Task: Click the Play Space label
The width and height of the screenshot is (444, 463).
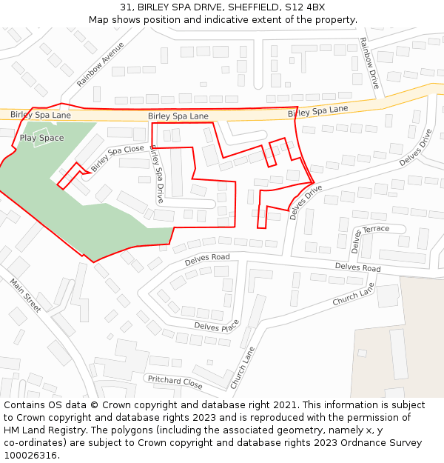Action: pyautogui.click(x=41, y=138)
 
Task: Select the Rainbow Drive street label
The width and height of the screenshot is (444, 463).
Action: pyautogui.click(x=369, y=64)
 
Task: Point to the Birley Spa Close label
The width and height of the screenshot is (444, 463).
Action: pyautogui.click(x=118, y=157)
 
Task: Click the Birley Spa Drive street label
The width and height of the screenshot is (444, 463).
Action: pyautogui.click(x=156, y=174)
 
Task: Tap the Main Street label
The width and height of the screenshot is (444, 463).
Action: pyautogui.click(x=26, y=295)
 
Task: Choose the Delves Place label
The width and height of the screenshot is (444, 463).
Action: pyautogui.click(x=217, y=326)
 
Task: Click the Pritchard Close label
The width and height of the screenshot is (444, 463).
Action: pyautogui.click(x=175, y=382)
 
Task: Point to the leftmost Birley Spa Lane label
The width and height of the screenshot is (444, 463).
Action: pyautogui.click(x=41, y=115)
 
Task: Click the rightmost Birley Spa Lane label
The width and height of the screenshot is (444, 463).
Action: pyautogui.click(x=317, y=111)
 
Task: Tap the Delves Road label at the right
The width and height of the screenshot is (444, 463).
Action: pyautogui.click(x=357, y=267)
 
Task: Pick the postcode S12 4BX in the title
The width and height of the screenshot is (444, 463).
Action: pyautogui.click(x=304, y=7)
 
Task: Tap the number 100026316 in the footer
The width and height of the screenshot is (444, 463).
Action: pyautogui.click(x=30, y=455)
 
